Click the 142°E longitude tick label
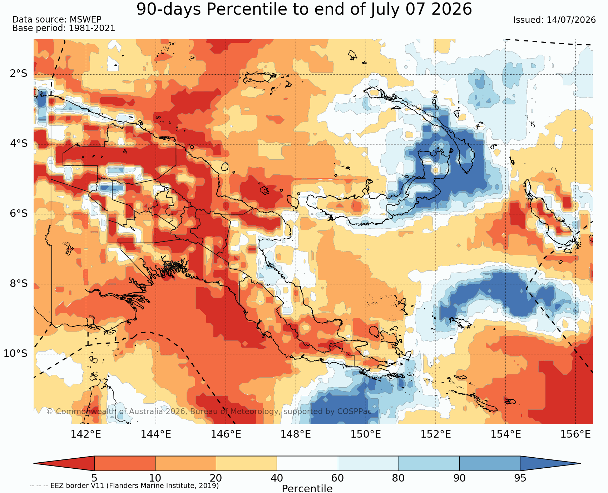(86, 434)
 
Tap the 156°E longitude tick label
(575, 434)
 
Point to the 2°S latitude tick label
(19, 74)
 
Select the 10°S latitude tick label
(16, 354)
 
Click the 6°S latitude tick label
(19, 214)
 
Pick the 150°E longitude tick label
(366, 434)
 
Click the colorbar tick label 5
(94, 478)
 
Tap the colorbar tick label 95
(520, 478)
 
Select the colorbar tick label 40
(277, 478)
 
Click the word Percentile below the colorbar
(307, 488)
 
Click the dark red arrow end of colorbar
(64, 463)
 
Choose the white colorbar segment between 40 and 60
(307, 463)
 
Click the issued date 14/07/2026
(571, 20)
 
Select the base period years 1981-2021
(92, 28)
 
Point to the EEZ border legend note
(124, 486)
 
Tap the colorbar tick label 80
(399, 478)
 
